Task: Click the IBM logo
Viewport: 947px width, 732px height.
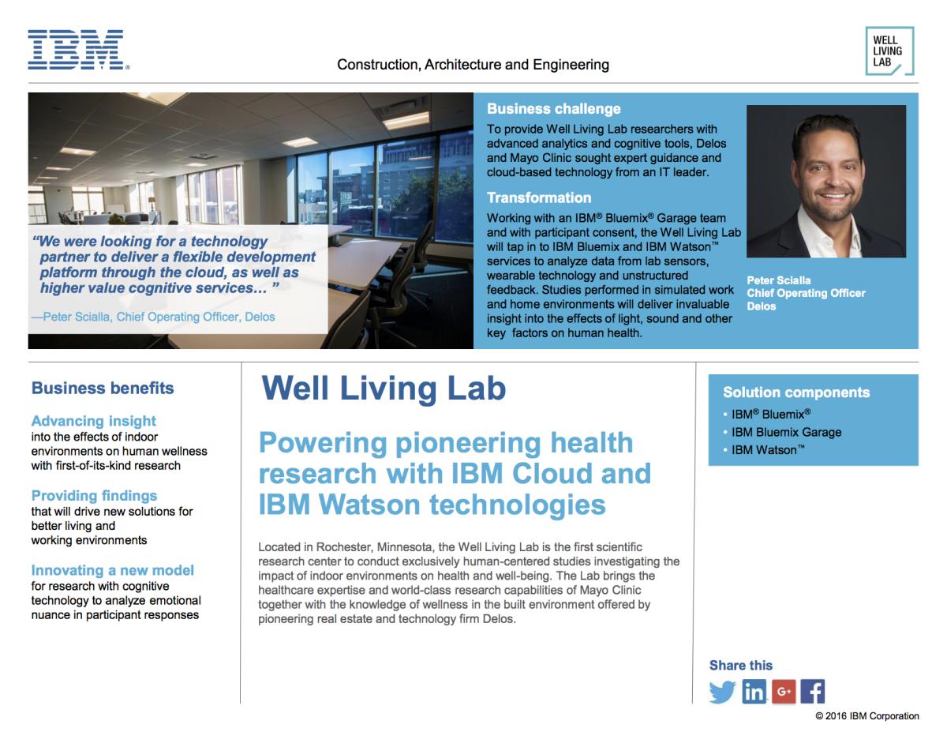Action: pos(78,50)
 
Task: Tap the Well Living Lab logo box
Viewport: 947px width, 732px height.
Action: pos(889,51)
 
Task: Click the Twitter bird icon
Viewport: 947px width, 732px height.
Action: pos(721,692)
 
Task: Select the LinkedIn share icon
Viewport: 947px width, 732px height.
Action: pos(754,692)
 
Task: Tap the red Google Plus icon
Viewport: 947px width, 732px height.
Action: pos(784,692)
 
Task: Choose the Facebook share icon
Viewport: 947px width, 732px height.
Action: pos(813,692)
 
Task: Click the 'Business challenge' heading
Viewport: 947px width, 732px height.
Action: pos(553,108)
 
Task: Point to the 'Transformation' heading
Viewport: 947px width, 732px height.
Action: pos(539,197)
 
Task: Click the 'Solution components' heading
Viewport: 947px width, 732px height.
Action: pos(796,392)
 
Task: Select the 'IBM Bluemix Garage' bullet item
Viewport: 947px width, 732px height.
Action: pos(786,432)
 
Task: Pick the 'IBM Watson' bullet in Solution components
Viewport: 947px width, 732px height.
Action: pos(768,450)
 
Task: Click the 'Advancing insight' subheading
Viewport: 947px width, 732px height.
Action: pos(94,421)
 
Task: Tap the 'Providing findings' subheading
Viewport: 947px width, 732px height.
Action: pos(94,496)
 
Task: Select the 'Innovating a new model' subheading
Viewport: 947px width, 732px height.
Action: pos(112,570)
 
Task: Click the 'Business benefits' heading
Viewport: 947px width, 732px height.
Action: pos(103,388)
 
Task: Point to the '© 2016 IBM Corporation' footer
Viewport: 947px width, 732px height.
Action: pos(867,716)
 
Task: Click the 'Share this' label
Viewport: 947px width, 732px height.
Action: pos(741,666)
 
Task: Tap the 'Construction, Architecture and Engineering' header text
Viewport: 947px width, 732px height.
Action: pos(473,65)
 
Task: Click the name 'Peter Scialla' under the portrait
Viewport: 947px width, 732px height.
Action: pos(779,280)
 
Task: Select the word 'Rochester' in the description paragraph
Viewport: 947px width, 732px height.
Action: pos(344,547)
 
